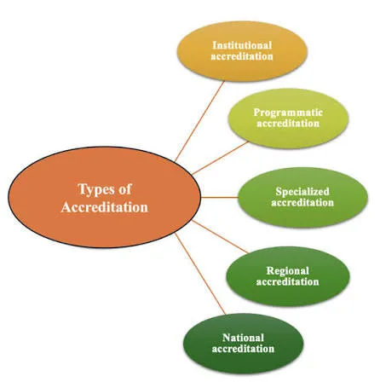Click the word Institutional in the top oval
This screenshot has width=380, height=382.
point(242,45)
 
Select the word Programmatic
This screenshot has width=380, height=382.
point(288,113)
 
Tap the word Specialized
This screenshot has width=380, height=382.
point(302,191)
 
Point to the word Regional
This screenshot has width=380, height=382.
point(287,270)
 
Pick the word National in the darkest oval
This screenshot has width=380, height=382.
point(243,338)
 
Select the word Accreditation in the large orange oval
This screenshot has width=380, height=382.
point(104,207)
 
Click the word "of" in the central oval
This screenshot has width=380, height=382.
point(125,189)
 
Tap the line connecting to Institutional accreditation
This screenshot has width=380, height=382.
point(199,122)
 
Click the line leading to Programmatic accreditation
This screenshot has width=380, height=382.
point(220,158)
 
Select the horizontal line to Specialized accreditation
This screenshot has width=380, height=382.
point(219,197)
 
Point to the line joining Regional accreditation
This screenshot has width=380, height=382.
point(220,236)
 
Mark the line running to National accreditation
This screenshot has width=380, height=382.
point(200,274)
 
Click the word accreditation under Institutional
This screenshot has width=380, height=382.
point(242,56)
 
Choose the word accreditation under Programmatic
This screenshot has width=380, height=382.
point(288,124)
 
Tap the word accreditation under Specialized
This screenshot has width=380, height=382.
point(302,202)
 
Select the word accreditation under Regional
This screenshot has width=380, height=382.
point(287,281)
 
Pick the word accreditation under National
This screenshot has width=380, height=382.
point(243,349)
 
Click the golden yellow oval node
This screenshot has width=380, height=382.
point(242,51)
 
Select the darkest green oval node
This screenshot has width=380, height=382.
point(244,344)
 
